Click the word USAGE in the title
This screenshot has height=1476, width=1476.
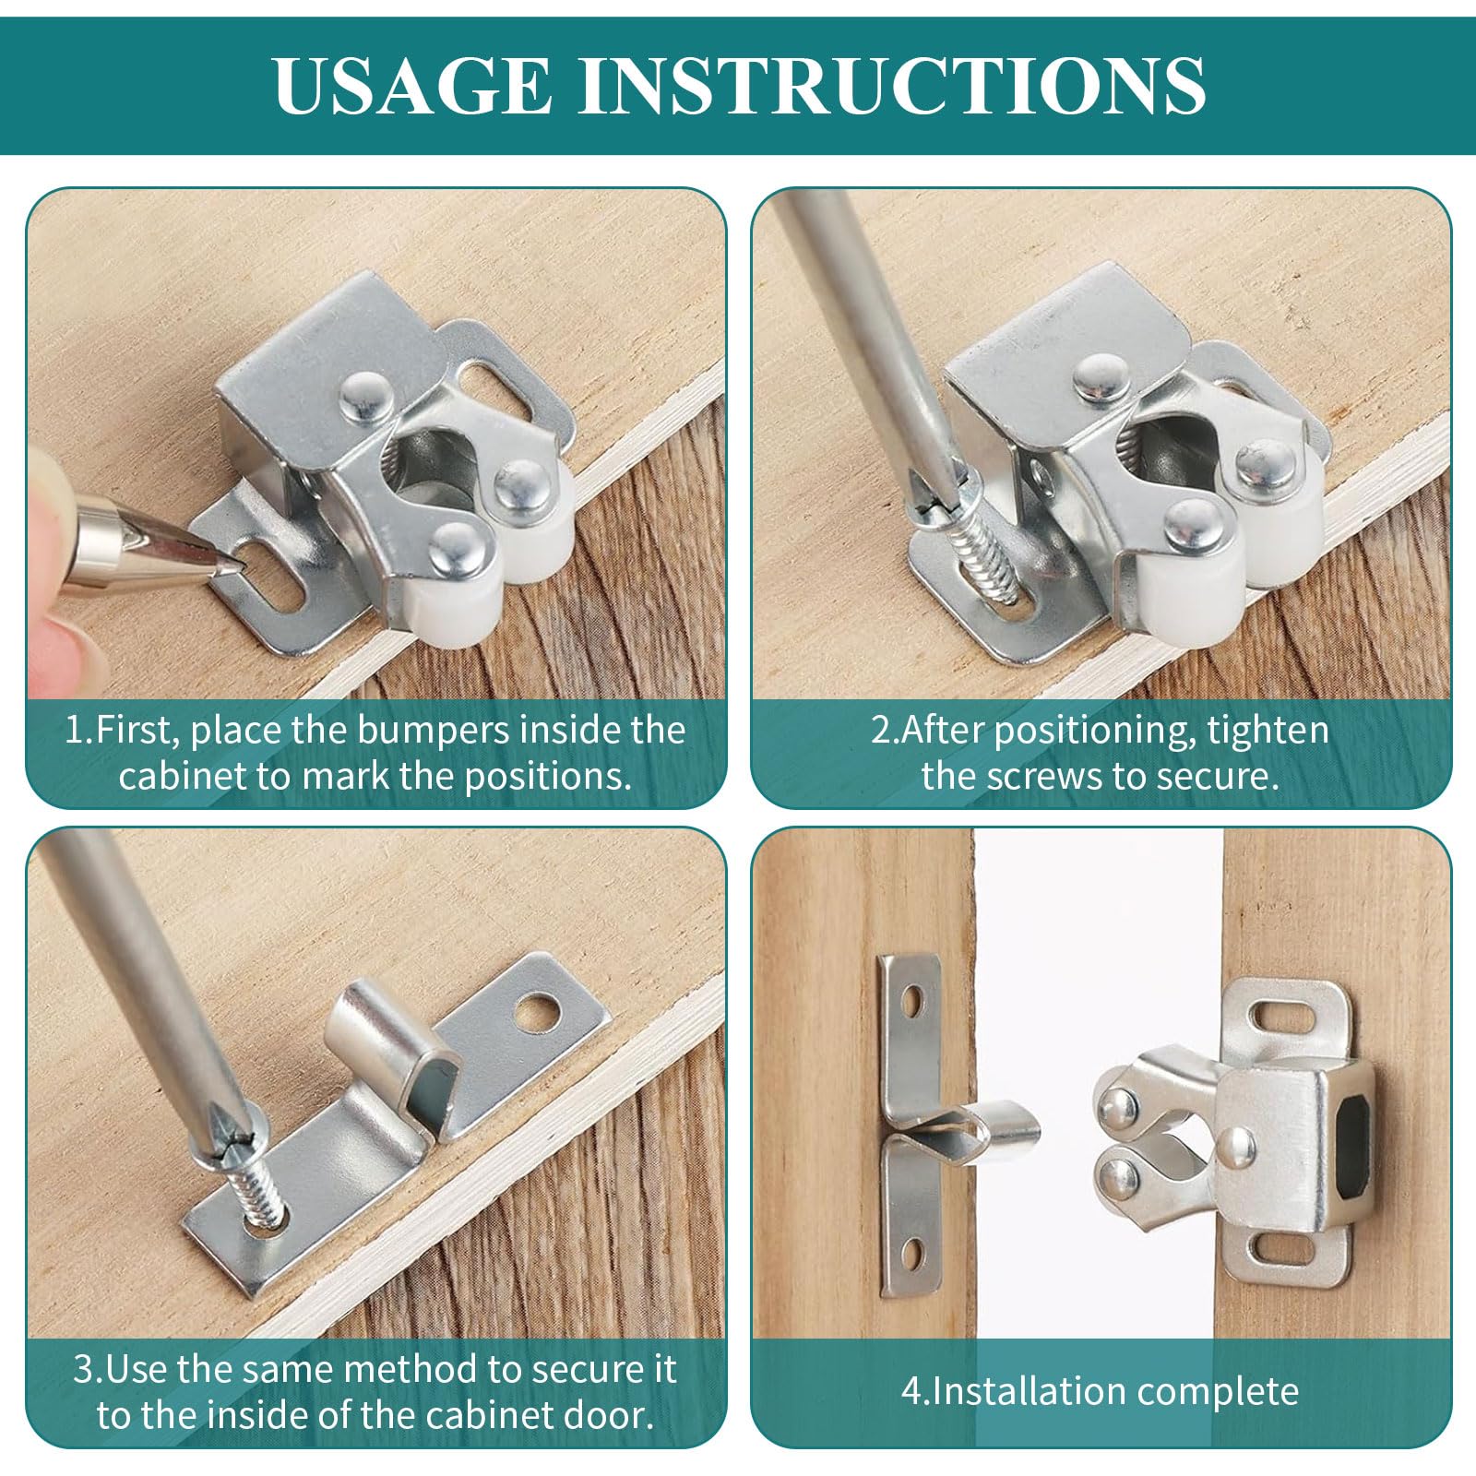(412, 84)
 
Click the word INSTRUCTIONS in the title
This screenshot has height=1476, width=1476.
(892, 84)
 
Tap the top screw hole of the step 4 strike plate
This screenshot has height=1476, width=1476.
(915, 1002)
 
